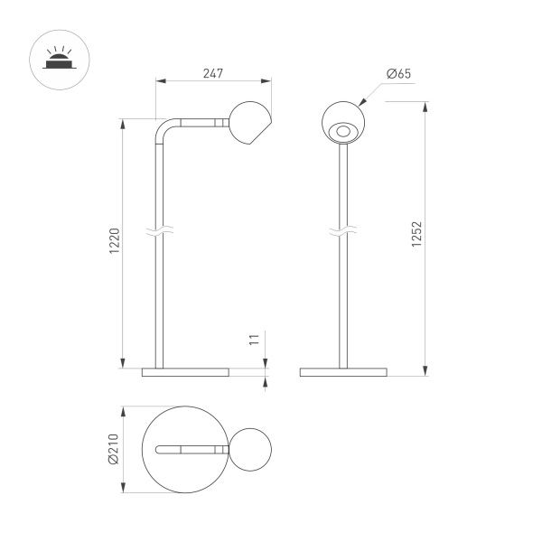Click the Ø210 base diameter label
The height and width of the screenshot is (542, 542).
click(x=111, y=449)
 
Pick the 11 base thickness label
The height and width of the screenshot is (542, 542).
click(x=255, y=341)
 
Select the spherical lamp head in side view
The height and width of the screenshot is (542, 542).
click(x=250, y=124)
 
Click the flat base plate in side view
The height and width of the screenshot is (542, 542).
click(x=186, y=370)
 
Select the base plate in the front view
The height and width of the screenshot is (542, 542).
click(x=343, y=370)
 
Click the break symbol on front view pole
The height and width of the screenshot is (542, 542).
click(x=343, y=234)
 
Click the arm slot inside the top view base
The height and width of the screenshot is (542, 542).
click(x=191, y=449)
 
